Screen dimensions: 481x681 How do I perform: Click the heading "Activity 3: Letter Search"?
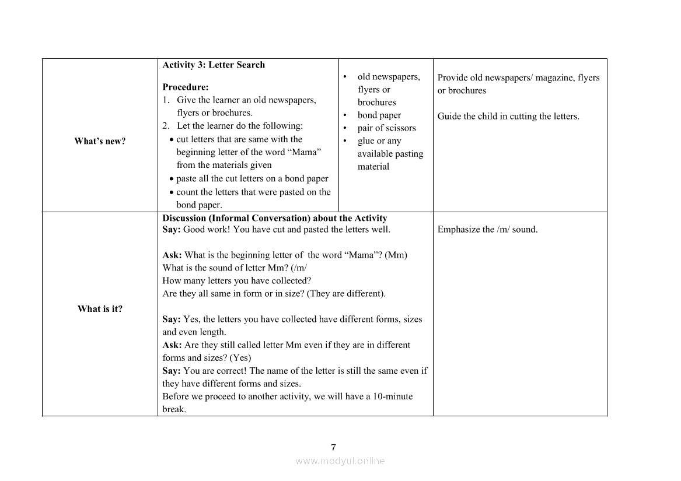(214, 65)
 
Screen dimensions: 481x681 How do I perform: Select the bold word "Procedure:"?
(186, 87)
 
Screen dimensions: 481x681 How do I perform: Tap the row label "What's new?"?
(100, 141)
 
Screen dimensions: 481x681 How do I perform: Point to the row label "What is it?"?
(100, 309)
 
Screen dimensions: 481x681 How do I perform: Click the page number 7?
(333, 448)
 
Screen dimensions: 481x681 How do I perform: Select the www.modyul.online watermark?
(340, 461)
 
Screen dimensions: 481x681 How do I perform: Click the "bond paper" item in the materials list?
(379, 115)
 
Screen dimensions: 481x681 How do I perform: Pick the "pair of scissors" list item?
(386, 128)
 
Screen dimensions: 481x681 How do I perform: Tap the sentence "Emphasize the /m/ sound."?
(487, 230)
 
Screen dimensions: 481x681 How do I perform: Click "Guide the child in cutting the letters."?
(508, 116)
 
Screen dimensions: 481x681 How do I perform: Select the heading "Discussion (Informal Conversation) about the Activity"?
(274, 218)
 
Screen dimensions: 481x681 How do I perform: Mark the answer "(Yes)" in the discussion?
(240, 358)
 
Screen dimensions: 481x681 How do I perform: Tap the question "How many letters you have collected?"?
(236, 281)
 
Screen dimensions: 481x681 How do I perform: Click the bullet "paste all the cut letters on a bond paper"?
(252, 179)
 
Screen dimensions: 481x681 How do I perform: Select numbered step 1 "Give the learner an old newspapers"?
(246, 100)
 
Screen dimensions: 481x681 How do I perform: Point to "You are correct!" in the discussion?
(215, 371)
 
